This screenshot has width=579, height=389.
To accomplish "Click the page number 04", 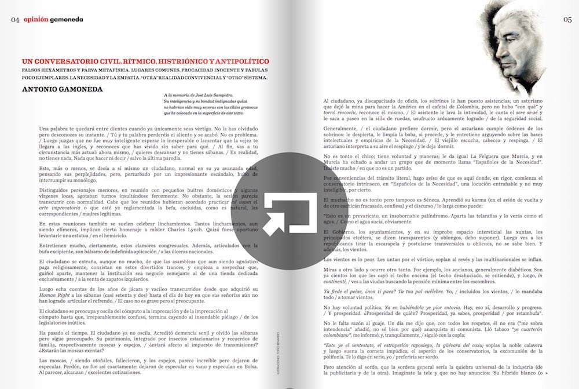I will [15, 19].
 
